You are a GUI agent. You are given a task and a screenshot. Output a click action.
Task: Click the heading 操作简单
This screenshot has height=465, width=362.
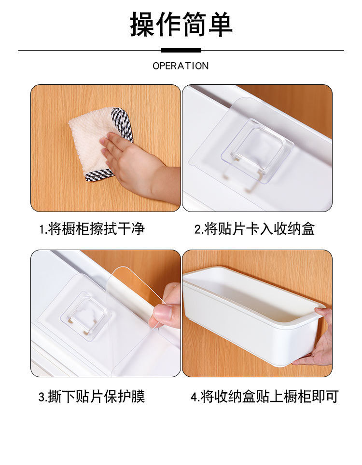[x=181, y=24]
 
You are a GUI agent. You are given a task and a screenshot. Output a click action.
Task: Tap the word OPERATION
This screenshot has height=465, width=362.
[x=181, y=66]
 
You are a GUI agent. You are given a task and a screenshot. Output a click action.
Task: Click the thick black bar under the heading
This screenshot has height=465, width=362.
[x=181, y=51]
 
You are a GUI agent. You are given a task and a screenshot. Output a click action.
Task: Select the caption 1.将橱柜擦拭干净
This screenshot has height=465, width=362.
[x=92, y=229]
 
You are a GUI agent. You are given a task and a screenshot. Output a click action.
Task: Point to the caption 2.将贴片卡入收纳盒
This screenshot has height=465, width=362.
[x=254, y=229]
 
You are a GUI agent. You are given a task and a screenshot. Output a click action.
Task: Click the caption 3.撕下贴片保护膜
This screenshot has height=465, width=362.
[x=92, y=396]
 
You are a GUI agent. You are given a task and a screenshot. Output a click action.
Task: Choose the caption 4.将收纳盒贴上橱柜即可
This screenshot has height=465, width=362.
[x=265, y=396]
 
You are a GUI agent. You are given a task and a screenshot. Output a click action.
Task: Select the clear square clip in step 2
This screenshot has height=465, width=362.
[x=257, y=151]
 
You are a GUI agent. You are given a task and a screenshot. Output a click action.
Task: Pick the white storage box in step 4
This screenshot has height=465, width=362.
[x=252, y=314]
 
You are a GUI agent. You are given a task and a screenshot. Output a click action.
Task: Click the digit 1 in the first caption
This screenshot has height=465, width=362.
[x=42, y=229]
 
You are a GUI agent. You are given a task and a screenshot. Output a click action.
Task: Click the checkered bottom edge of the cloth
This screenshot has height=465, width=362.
[x=99, y=175]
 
